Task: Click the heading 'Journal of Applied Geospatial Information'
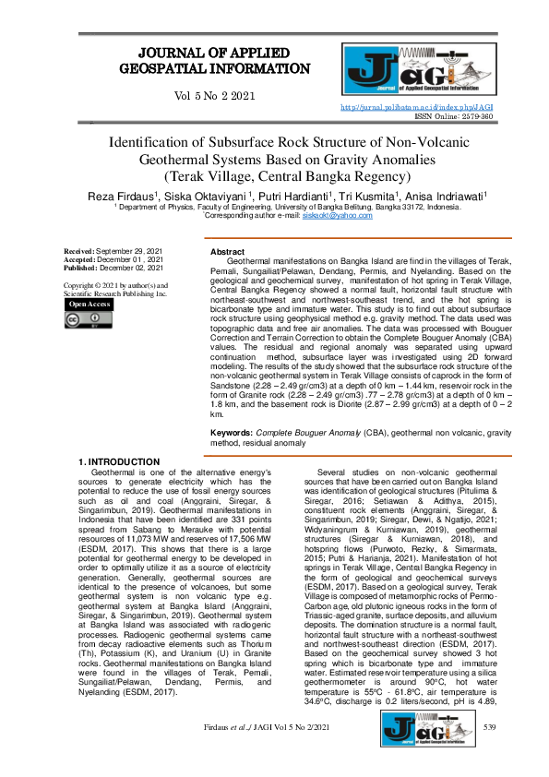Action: point(217,60)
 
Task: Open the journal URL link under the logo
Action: point(417,107)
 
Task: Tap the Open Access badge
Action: point(90,304)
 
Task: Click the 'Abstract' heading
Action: point(227,252)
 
